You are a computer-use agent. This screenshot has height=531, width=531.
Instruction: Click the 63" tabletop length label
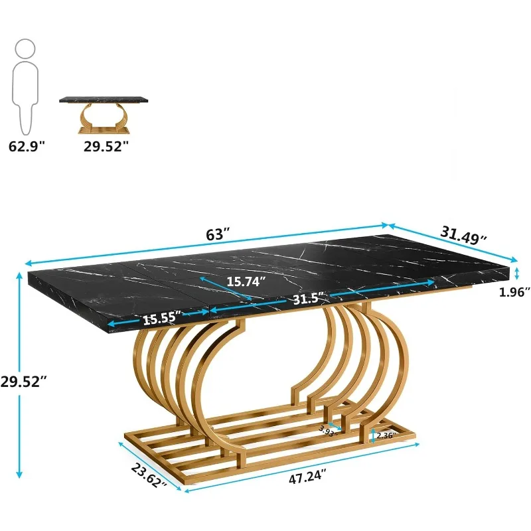coord(216,234)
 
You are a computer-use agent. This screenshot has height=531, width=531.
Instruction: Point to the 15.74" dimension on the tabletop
coord(245,281)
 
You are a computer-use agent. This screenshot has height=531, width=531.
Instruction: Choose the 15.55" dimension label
coord(161,318)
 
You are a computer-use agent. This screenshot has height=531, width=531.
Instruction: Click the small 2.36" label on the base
coord(386,436)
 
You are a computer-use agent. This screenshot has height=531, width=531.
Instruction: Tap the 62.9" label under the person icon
coord(27,147)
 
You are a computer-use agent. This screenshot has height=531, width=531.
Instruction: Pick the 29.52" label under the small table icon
coord(105,147)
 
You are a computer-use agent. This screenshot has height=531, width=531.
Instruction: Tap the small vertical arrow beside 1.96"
coord(516,272)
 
